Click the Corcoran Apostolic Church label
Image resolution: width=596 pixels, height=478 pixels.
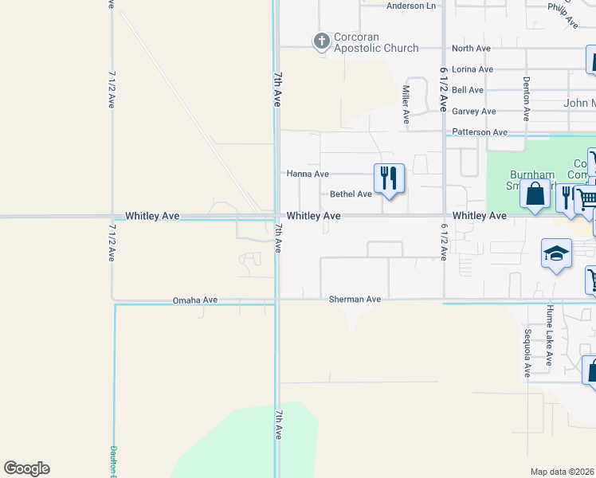pos(376,43)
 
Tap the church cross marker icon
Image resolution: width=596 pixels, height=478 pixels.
pos(321,41)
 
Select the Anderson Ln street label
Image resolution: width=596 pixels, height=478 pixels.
pos(411,6)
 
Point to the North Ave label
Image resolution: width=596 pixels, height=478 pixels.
pos(471,49)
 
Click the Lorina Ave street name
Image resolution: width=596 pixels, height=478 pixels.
pos(472,69)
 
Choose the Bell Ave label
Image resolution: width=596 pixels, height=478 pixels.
pos(468,90)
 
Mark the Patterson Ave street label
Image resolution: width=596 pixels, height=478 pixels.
pos(479,132)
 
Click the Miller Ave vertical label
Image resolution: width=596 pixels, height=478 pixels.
pos(406,104)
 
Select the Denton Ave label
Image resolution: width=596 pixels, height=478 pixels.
pos(527,98)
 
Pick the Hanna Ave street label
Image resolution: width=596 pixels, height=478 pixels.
pos(308,174)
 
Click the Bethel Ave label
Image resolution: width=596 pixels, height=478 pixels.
pos(351,194)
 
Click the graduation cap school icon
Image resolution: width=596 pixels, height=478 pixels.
pos(556,254)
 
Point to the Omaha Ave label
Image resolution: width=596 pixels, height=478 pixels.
pos(195,300)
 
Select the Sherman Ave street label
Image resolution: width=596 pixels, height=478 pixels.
pos(355,300)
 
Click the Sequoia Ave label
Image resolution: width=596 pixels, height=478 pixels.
pos(527,353)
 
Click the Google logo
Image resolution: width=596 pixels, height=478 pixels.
pos(26,468)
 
